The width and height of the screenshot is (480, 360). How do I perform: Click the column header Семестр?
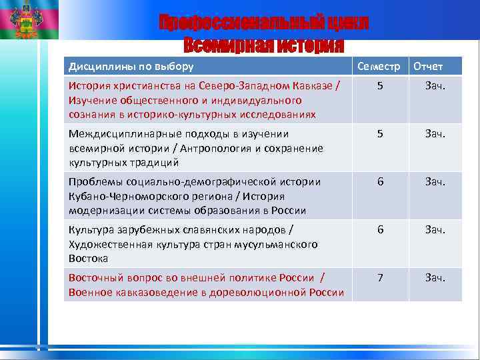point(379,66)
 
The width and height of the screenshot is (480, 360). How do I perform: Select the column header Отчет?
point(428,66)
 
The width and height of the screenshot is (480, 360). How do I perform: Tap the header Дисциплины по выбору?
point(131,66)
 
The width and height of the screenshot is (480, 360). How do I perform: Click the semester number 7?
point(380,277)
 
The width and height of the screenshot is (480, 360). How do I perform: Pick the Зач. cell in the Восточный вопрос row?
point(435,277)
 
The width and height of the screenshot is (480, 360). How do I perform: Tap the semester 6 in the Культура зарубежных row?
point(380,229)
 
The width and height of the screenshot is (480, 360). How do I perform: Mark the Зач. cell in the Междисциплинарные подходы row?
point(435,133)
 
